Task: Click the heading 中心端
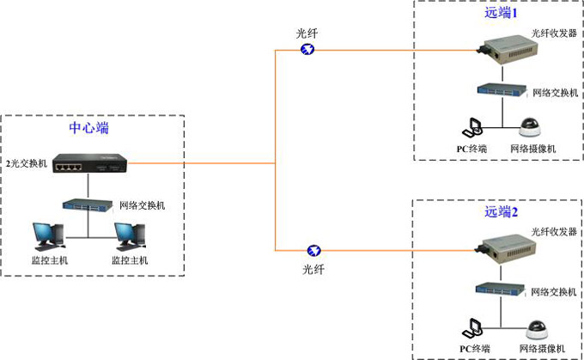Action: pos(88,128)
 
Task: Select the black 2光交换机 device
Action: pos(88,162)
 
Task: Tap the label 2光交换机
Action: pos(27,162)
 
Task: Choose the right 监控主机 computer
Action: pos(129,235)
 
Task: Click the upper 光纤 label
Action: pos(307,33)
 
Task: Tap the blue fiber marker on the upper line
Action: pos(307,49)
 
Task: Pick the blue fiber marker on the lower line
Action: pos(314,251)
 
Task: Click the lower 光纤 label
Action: pos(314,269)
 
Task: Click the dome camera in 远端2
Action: pos(538,329)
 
